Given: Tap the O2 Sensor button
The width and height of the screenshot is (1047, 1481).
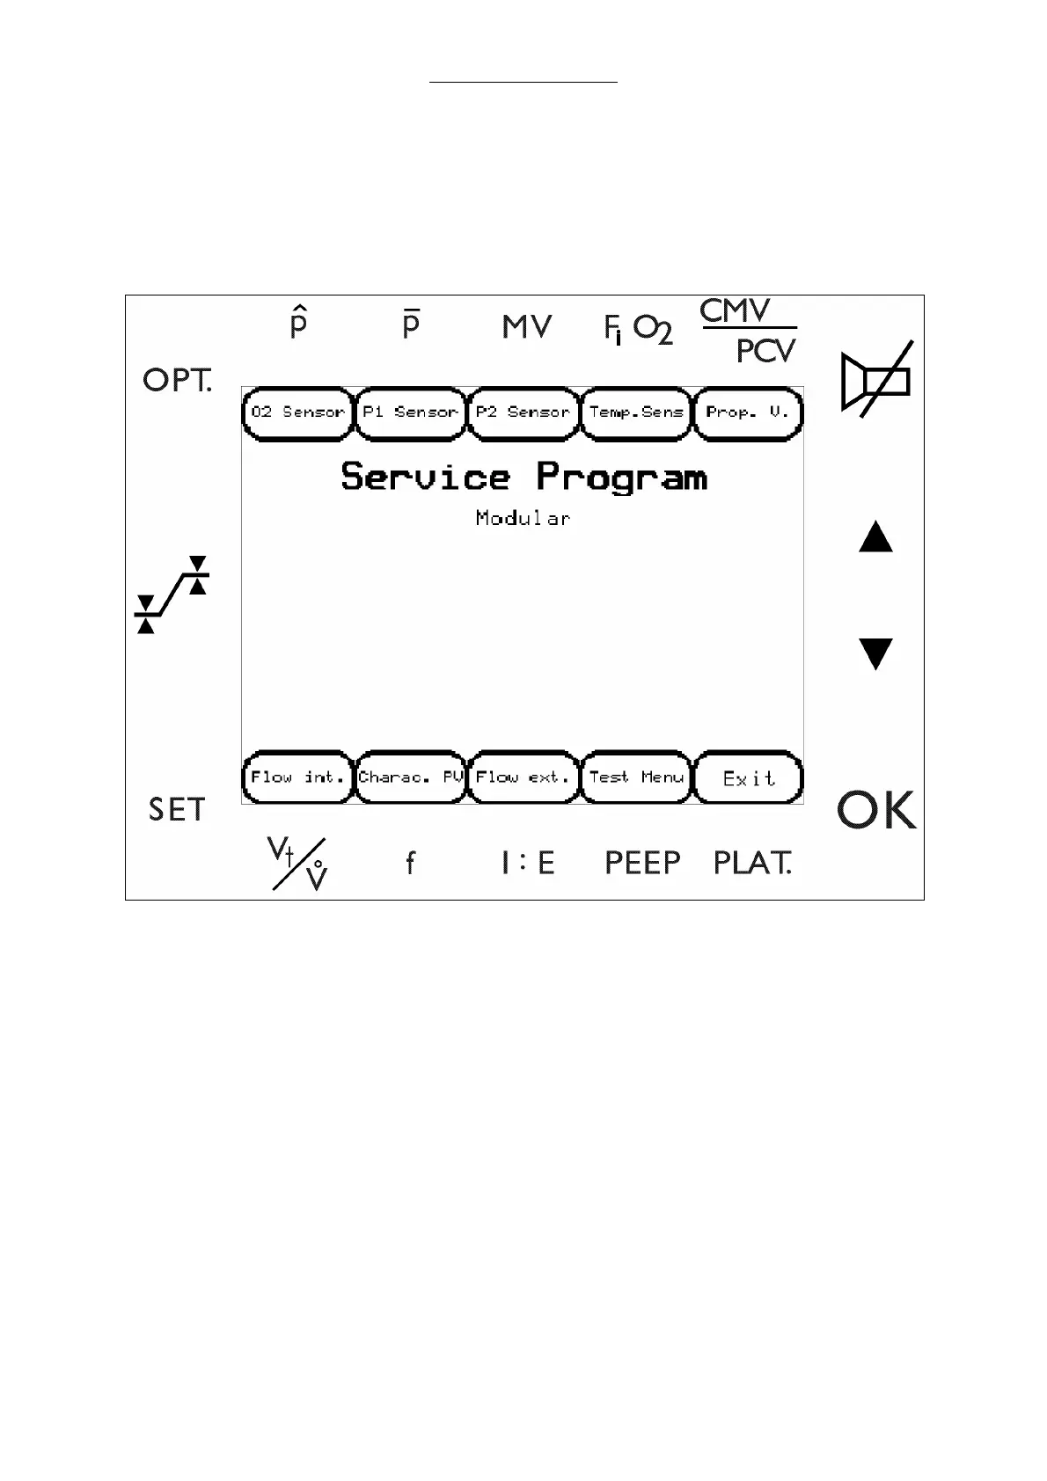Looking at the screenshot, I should click(x=297, y=412).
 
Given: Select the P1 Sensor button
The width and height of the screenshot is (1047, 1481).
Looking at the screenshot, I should click(x=410, y=412).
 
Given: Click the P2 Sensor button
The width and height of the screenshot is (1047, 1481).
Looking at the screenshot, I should click(x=523, y=412).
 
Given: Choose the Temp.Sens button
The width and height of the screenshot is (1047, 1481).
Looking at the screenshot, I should click(x=636, y=412).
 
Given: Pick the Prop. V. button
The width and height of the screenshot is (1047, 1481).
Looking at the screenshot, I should click(x=748, y=412).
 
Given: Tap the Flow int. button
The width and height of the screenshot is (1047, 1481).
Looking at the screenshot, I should click(x=297, y=777).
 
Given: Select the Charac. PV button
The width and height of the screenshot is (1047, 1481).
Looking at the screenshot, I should click(x=410, y=777).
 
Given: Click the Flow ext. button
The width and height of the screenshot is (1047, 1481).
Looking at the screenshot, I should click(x=523, y=777).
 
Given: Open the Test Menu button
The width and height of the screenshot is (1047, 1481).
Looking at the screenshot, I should click(x=636, y=777).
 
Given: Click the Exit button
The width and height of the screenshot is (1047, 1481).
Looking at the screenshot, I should click(x=749, y=778).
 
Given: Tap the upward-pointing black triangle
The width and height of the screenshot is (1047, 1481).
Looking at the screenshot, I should click(x=875, y=536).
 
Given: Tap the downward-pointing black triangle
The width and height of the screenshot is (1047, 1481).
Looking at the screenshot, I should click(x=875, y=653).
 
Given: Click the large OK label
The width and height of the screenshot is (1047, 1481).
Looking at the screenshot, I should click(x=876, y=810).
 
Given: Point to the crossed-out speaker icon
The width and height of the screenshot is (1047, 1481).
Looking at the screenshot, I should click(x=876, y=380).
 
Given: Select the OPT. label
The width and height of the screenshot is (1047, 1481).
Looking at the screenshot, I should click(x=178, y=380).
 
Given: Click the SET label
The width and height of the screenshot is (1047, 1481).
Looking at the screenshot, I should click(x=177, y=809).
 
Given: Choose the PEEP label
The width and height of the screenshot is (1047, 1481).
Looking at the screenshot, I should click(x=642, y=863).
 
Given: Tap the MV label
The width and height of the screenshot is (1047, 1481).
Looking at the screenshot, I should click(x=527, y=327).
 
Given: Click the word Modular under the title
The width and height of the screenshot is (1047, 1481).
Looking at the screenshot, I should click(x=523, y=518).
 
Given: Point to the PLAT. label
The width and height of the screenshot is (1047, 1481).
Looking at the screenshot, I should click(x=752, y=863).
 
